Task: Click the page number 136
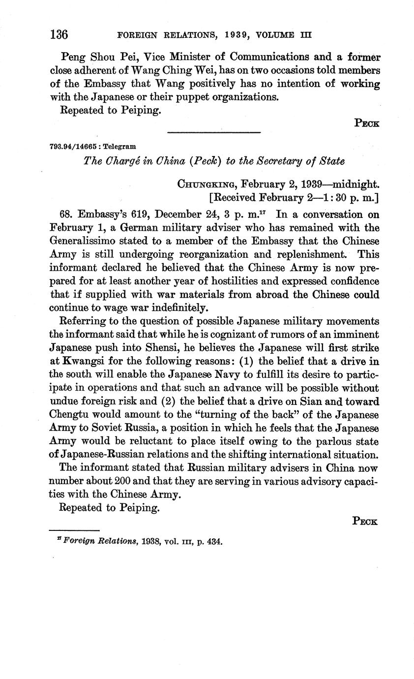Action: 59,35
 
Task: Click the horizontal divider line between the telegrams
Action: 213,132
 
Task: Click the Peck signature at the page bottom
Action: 365,521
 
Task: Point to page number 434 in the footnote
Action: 215,542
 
